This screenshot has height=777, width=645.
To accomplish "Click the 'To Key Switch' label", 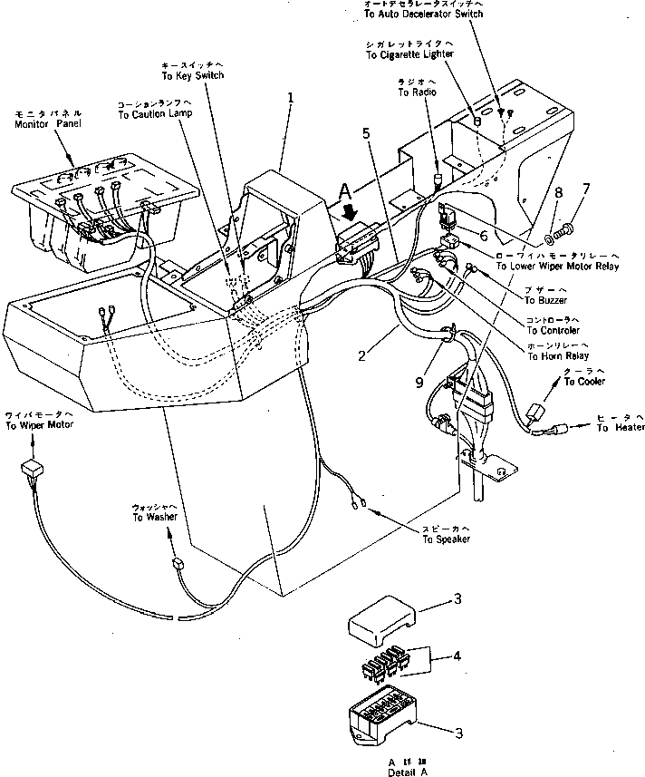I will [191, 74].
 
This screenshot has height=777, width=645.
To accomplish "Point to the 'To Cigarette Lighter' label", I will [409, 54].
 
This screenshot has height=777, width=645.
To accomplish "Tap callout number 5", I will [366, 133].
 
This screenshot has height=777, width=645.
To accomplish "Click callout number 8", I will [559, 192].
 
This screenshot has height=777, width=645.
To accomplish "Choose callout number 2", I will [361, 356].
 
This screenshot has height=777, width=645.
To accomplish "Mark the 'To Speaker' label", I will [445, 539].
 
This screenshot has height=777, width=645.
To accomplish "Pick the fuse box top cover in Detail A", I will [380, 620].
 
